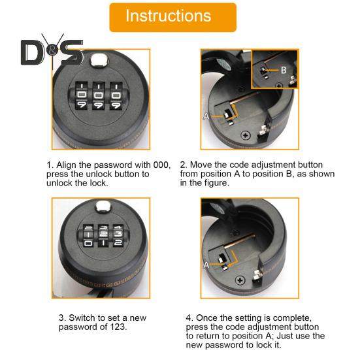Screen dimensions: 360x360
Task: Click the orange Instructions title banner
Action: tap(173, 18)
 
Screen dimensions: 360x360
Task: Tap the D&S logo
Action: tap(52, 51)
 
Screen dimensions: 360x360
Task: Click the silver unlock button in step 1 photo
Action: tap(99, 59)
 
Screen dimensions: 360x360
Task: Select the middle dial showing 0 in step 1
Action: tap(99, 95)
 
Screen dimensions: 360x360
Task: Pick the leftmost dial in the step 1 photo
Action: tap(82, 95)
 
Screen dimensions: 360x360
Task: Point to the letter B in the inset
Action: tap(284, 70)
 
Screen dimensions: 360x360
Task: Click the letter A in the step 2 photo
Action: tap(206, 116)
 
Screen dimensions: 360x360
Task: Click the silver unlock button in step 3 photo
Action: tap(103, 206)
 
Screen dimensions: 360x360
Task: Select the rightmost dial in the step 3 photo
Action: tap(118, 236)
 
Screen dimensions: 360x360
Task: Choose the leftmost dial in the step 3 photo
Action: tap(88, 236)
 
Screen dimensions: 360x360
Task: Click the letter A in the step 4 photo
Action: tap(206, 265)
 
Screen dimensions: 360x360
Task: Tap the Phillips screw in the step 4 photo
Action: tap(240, 280)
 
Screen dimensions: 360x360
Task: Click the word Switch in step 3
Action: tap(82, 318)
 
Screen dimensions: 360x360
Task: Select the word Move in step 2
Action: tap(199, 165)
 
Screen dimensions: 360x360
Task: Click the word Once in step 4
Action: tap(206, 318)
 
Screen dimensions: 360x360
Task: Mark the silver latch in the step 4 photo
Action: tap(257, 276)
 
